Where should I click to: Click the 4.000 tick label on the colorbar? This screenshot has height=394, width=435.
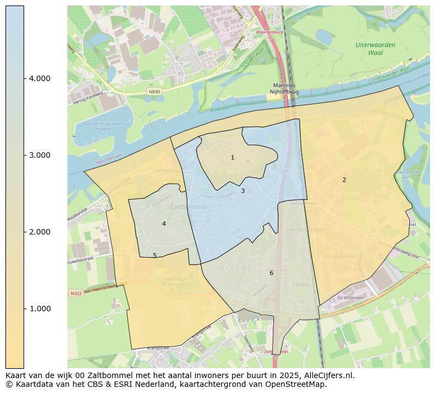[x=39, y=78]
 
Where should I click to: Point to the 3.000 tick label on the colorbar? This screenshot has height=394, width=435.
[x=39, y=155]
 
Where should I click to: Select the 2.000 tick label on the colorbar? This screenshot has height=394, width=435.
[x=39, y=232]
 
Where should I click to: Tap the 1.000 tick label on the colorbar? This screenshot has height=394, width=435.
[x=39, y=309]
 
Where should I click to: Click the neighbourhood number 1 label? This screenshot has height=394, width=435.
[x=232, y=158]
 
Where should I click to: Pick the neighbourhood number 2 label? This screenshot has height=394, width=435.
[x=344, y=180]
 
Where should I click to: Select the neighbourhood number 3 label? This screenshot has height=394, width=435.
[x=243, y=191]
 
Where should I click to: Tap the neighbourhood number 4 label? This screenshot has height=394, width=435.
[x=164, y=224]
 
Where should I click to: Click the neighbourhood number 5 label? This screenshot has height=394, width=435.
[x=154, y=255]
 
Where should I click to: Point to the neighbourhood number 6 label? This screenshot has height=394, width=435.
[x=271, y=273]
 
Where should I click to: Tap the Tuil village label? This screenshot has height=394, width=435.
[x=186, y=65]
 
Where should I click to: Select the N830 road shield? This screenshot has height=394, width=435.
[x=154, y=92]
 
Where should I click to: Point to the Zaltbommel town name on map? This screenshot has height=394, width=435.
[x=188, y=207]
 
